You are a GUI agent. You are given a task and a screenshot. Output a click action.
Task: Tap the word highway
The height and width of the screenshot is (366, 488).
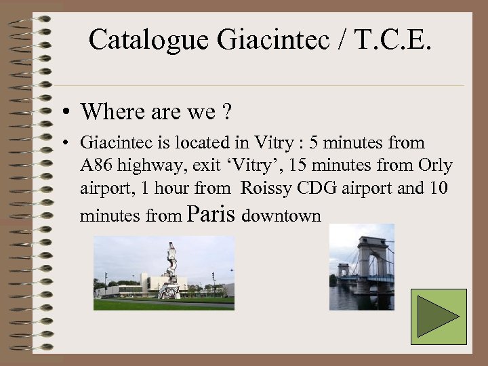(145, 166)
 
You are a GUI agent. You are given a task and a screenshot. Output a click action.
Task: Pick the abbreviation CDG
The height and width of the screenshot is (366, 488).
(317, 188)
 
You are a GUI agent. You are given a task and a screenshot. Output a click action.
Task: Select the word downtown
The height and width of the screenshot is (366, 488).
(281, 216)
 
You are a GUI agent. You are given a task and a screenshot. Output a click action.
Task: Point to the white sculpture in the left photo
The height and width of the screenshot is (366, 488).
(171, 271)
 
